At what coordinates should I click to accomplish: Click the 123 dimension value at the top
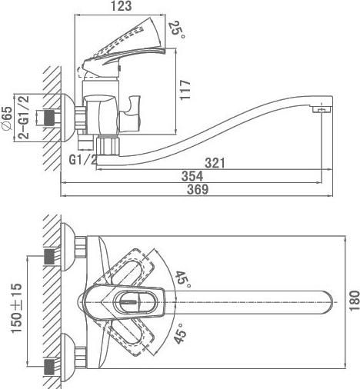point(122,6)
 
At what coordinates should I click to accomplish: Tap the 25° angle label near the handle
point(177,30)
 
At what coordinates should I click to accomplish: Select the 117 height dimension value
point(185,90)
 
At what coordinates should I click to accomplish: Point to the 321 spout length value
point(215,163)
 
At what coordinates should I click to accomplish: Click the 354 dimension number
point(192,176)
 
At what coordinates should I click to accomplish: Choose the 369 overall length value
point(198,190)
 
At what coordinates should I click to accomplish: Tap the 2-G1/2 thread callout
point(24,118)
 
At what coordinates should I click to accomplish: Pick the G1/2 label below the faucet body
point(83,160)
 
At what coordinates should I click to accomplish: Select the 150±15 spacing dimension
point(17,308)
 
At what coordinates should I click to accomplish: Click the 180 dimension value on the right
point(355,301)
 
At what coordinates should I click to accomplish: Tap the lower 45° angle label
point(180,333)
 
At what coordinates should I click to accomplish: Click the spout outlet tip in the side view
point(322,111)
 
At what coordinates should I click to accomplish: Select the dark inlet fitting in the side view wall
point(49,118)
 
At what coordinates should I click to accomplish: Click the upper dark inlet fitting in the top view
point(49,257)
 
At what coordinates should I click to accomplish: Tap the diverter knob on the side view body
point(130,114)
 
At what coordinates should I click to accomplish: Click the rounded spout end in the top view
point(327,302)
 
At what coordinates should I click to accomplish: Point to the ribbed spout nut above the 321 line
point(108,146)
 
